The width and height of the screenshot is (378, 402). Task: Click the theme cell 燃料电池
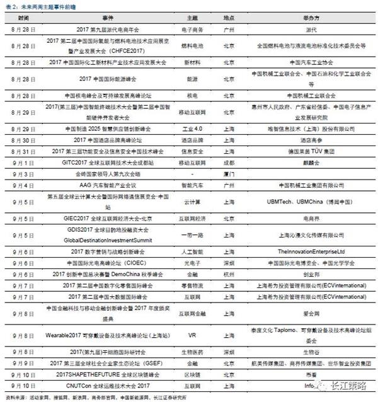coord(196,46)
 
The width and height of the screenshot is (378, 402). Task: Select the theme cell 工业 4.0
coord(196,127)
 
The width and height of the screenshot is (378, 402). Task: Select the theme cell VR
coord(196,336)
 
